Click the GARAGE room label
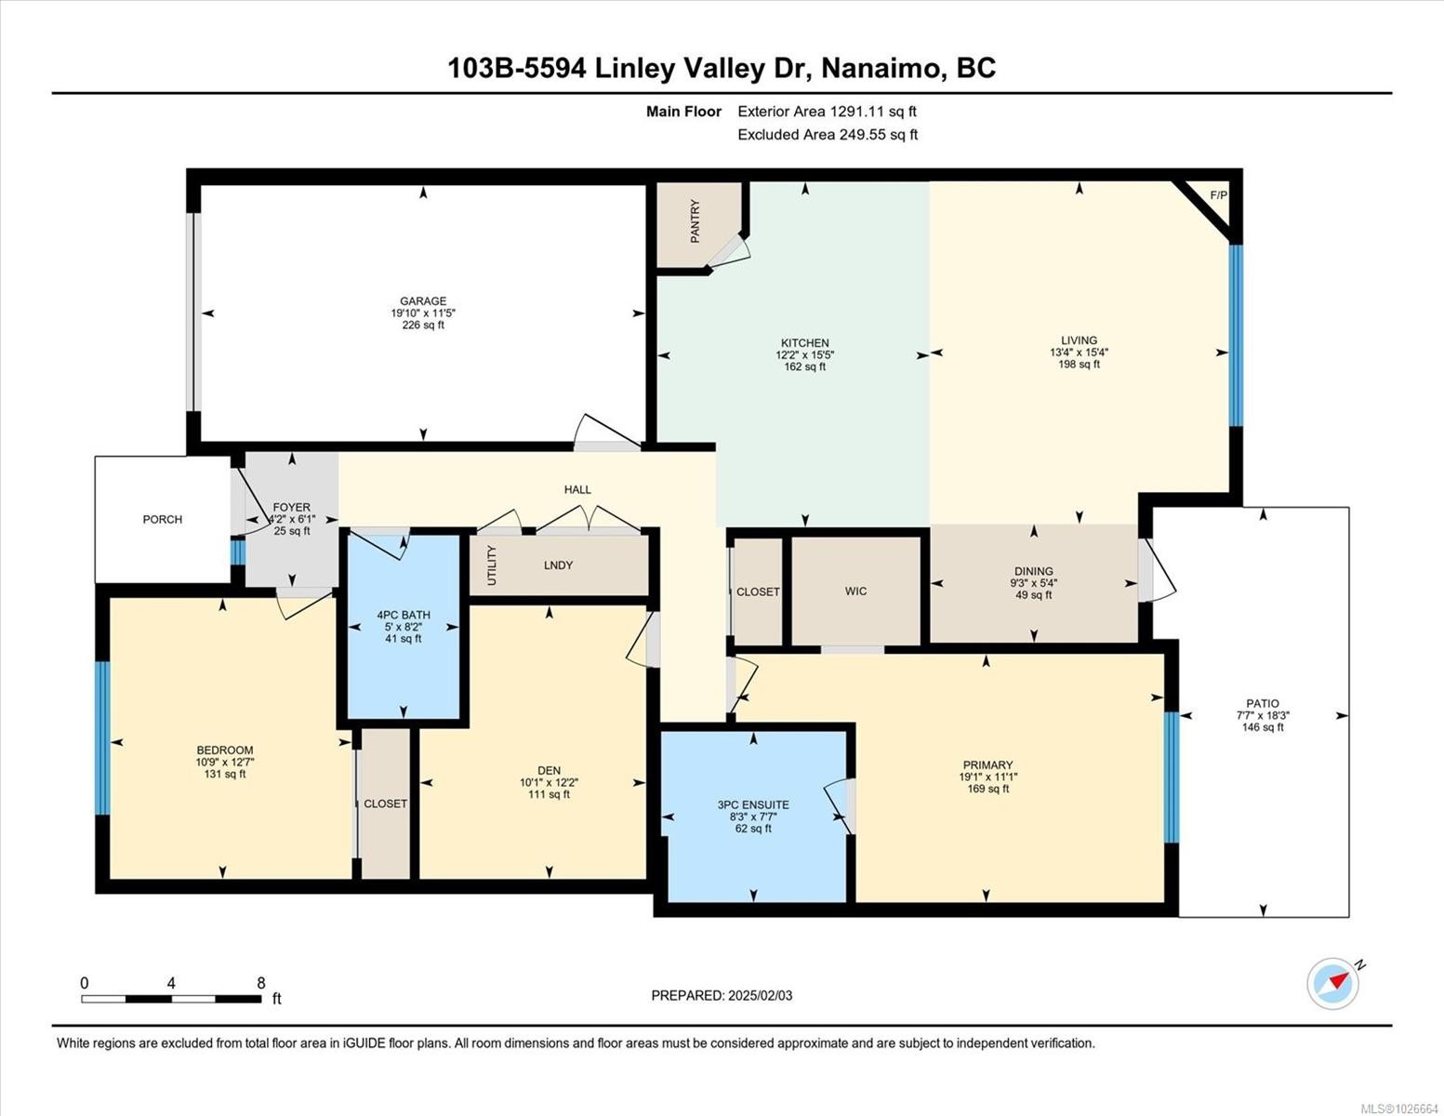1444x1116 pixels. click(x=423, y=300)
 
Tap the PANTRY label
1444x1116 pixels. click(x=695, y=221)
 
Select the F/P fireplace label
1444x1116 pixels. click(x=1218, y=194)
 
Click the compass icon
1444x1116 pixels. click(x=1333, y=983)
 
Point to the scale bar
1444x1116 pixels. click(x=171, y=999)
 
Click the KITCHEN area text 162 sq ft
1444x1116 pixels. click(x=804, y=366)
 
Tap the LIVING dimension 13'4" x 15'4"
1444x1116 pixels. click(x=1079, y=352)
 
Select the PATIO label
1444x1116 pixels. click(x=1263, y=703)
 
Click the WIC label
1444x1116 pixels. click(x=855, y=591)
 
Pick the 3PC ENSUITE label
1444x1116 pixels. click(x=753, y=804)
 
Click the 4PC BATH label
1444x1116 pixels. click(x=404, y=614)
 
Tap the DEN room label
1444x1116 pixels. click(x=549, y=770)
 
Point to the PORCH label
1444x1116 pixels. click(x=163, y=519)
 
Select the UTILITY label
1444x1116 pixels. click(x=492, y=565)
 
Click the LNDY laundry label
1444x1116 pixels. click(x=558, y=565)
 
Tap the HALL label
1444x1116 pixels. click(x=577, y=489)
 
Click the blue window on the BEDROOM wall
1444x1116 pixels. click(x=102, y=738)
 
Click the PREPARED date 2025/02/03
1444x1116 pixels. click(x=761, y=995)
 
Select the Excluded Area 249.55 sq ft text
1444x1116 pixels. click(x=828, y=134)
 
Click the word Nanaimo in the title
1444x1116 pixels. click(x=881, y=68)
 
